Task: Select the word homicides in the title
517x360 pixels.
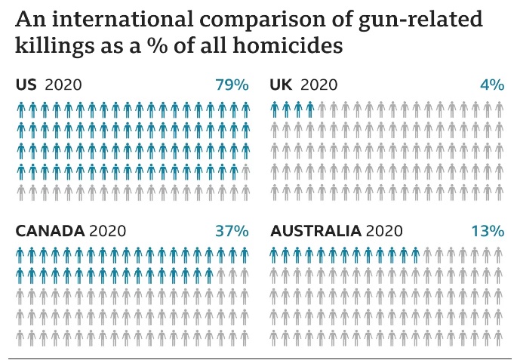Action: pyautogui.click(x=290, y=45)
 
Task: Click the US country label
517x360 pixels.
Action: pyautogui.click(x=26, y=85)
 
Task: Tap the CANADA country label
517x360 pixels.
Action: pyautogui.click(x=50, y=230)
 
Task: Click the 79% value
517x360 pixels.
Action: pyautogui.click(x=232, y=85)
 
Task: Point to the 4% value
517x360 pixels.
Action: pyautogui.click(x=491, y=85)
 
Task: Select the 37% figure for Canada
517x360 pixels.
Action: pyautogui.click(x=232, y=230)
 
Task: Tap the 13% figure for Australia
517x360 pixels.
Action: pyautogui.click(x=487, y=230)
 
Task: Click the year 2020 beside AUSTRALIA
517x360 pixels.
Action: pyautogui.click(x=384, y=230)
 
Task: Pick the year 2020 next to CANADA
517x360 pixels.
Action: pyautogui.click(x=107, y=230)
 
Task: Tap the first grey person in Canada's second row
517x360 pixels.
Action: pyautogui.click(x=221, y=275)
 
